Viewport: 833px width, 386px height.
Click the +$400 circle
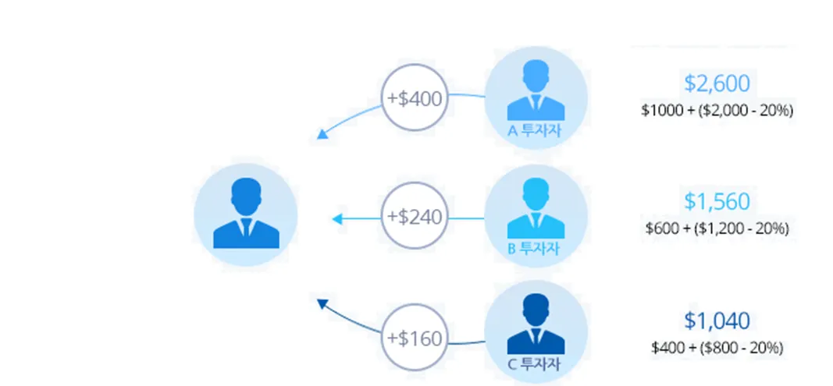coord(415,98)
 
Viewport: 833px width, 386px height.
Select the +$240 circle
coord(415,216)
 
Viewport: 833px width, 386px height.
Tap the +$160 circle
coord(415,338)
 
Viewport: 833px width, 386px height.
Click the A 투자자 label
coord(535,131)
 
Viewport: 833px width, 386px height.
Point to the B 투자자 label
coord(535,250)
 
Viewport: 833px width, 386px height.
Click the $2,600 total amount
coord(717,83)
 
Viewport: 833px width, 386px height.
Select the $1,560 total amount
coord(717,201)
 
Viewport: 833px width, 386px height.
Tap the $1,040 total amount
coord(717,320)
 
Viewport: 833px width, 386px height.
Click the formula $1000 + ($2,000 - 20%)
coord(717,111)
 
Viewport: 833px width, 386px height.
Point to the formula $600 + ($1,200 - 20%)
coord(717,229)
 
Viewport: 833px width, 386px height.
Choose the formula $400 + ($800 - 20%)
coord(717,348)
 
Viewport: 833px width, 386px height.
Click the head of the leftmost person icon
coord(245,196)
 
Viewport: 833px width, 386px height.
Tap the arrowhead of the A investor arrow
coord(322,136)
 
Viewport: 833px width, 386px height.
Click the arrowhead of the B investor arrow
coord(337,219)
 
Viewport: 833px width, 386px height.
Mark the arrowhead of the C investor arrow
coord(322,303)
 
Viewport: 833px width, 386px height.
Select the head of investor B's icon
coord(536,194)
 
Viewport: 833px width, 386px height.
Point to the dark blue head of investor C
coord(536,310)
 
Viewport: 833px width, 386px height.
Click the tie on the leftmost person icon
coord(245,228)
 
